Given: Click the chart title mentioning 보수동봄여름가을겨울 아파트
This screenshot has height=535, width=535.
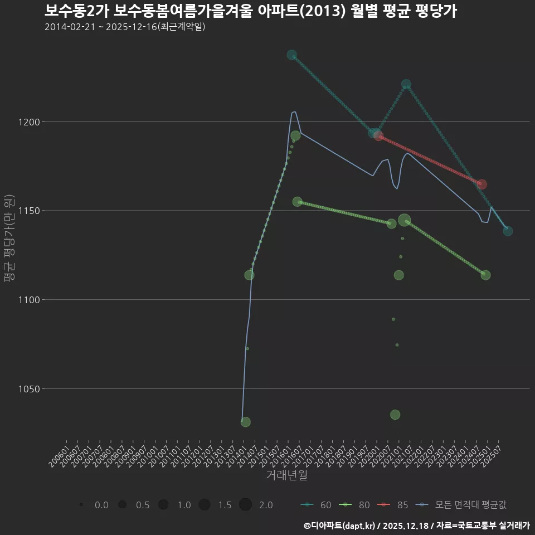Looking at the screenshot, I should coord(250,11).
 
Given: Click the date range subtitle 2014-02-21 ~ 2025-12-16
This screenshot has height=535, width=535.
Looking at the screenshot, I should coord(125,27).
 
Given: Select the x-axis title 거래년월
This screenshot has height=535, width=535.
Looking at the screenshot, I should coord(286,475).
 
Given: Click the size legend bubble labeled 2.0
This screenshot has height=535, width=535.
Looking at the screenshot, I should coord(245,505).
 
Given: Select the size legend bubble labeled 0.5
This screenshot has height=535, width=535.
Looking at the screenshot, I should coord(122,505).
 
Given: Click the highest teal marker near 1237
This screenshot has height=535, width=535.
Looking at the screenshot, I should coord(291,55).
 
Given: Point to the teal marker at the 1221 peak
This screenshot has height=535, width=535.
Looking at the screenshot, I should coord(406,84).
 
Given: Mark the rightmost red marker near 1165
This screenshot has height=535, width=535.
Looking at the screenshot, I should coord(482,184).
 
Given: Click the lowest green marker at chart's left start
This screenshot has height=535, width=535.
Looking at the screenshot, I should coord(245,422).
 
